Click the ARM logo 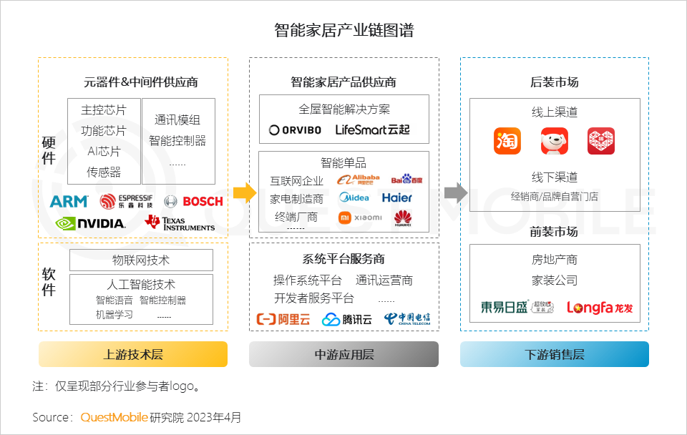coord(69,202)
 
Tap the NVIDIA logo coord(90,223)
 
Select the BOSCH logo coord(194,202)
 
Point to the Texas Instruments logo coord(180,223)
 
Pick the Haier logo coord(397,197)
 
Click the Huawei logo coord(403,218)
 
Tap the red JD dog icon coord(555,141)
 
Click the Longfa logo coord(600,308)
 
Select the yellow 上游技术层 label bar coord(133,354)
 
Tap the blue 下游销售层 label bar coord(555,354)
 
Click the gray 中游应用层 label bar coord(343,354)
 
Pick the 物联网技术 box coord(141,260)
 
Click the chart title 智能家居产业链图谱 coord(343,31)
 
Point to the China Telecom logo coord(407,319)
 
